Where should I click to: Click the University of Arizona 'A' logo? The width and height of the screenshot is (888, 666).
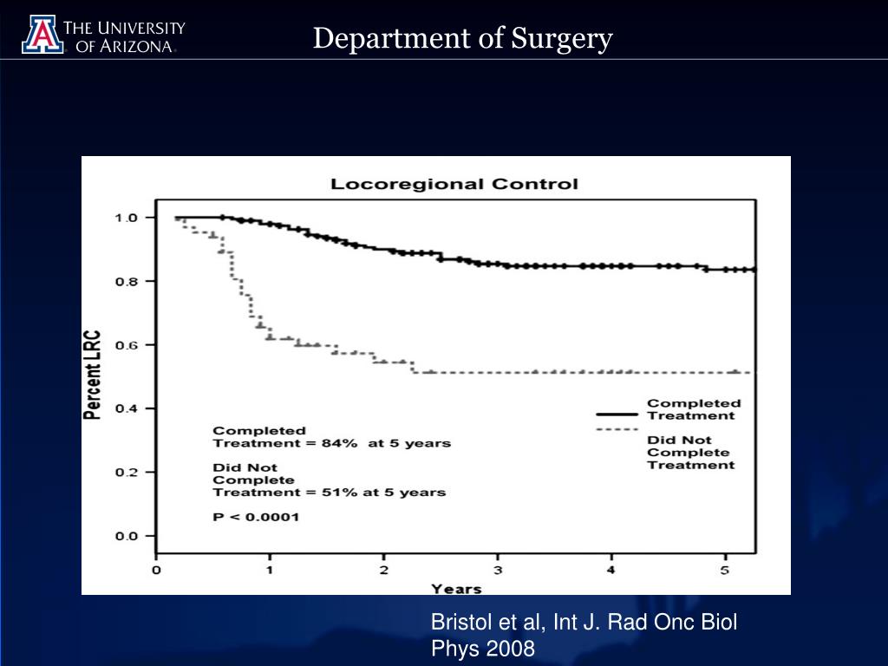tap(42, 35)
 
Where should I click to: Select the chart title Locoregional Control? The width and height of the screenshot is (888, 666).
tap(454, 184)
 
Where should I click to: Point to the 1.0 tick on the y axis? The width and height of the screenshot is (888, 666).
tap(127, 218)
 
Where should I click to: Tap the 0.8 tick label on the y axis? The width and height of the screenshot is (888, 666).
tap(127, 281)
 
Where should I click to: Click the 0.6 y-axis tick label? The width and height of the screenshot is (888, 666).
tap(127, 345)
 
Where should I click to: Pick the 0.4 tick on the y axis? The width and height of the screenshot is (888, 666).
tap(127, 408)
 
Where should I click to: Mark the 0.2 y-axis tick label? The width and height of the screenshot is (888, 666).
tap(127, 473)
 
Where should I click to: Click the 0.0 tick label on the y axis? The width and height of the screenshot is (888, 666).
tap(127, 536)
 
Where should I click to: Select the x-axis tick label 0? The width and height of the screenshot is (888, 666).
tap(157, 571)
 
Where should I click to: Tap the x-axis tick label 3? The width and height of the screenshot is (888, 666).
tap(498, 571)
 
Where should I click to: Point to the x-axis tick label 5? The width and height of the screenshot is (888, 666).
tap(726, 571)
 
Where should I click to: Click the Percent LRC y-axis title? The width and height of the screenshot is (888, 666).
tap(92, 375)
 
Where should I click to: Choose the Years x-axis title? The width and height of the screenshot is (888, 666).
tap(456, 589)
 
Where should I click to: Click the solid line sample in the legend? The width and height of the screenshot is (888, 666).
tap(617, 415)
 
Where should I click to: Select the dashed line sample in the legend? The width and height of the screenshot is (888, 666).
tap(617, 429)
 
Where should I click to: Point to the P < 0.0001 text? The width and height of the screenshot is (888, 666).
tap(256, 518)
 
